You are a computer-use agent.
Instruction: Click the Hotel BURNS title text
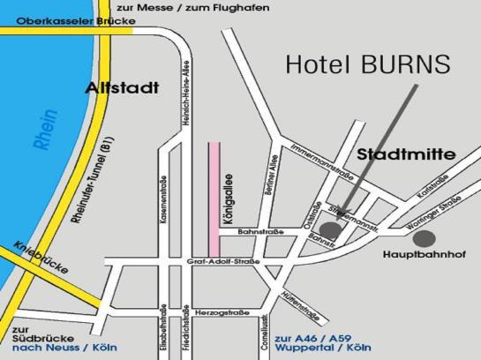(x=368, y=64)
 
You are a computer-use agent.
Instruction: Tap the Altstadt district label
(x=123, y=88)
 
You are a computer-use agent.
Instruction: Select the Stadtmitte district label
(x=406, y=154)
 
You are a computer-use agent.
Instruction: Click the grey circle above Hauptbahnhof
(x=425, y=236)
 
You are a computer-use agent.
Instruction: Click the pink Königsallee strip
(x=213, y=195)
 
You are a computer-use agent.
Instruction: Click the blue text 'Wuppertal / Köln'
(x=323, y=349)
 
